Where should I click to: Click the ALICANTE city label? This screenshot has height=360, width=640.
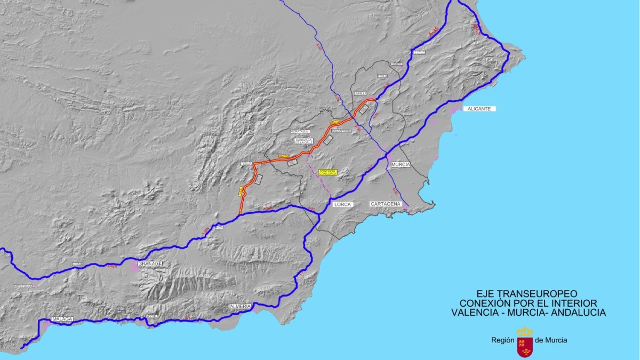tap(479, 109)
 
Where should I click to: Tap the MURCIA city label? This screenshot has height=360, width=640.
tap(401, 165)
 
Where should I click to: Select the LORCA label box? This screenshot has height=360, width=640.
tap(341, 204)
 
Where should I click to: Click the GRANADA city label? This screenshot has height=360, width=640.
tap(149, 263)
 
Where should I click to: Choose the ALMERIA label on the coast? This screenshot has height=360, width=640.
tap(239, 306)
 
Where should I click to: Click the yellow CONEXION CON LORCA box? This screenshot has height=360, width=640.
tap(327, 172)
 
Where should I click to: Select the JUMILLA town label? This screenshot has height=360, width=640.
tap(361, 93)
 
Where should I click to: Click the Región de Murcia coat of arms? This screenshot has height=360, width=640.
tap(525, 342)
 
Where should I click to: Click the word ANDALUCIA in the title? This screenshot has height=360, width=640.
tap(579, 313)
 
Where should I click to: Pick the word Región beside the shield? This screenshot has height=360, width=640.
tap(502, 340)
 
